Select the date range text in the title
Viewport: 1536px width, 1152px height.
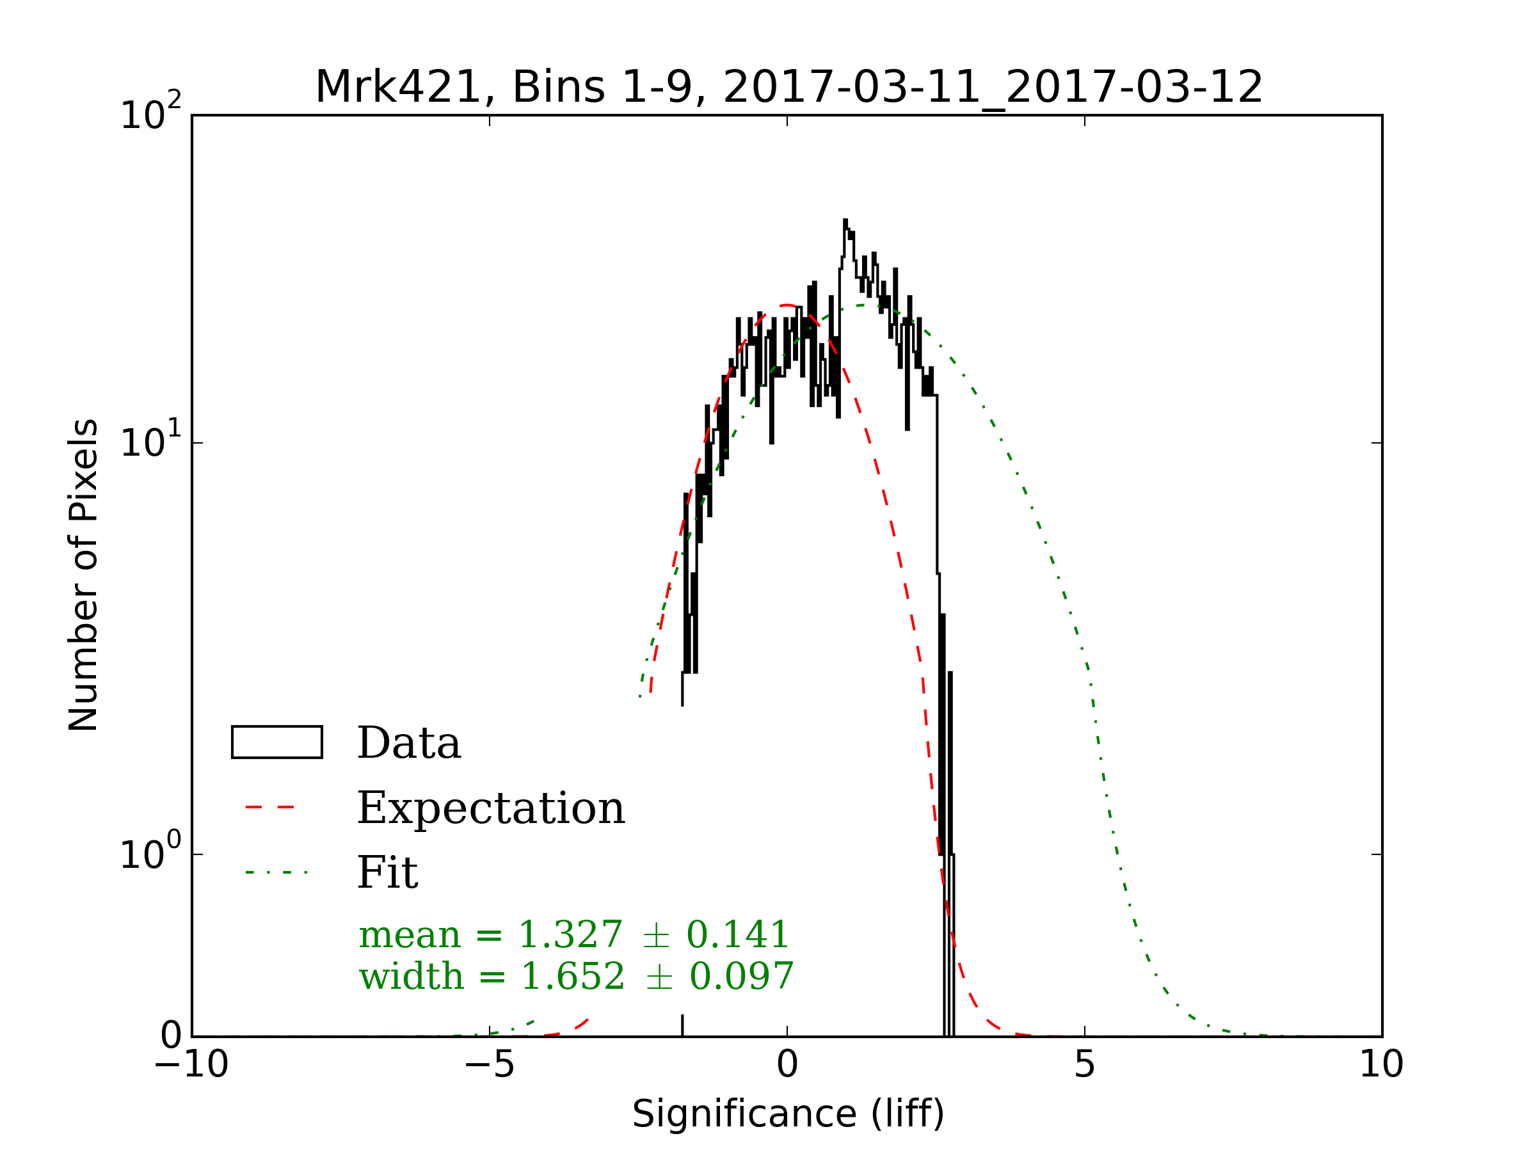tap(992, 88)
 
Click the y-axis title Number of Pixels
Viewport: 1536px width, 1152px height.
tap(83, 575)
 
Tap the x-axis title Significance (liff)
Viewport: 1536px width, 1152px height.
tap(788, 1114)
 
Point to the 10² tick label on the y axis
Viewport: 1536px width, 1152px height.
tap(150, 114)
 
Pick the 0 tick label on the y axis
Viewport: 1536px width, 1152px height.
tap(171, 1036)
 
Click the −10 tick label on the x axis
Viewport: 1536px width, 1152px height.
tap(191, 1064)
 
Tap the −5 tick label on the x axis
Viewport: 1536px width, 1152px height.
tap(490, 1064)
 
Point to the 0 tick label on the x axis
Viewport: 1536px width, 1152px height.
tap(787, 1064)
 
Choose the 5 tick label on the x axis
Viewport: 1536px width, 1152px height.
tap(1085, 1064)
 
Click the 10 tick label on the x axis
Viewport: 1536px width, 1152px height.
tap(1381, 1064)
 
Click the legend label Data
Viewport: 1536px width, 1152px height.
tap(409, 743)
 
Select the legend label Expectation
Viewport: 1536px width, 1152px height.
tap(491, 808)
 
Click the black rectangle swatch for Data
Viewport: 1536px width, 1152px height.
tap(276, 742)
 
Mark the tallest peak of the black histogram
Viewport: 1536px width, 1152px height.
tap(845, 221)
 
